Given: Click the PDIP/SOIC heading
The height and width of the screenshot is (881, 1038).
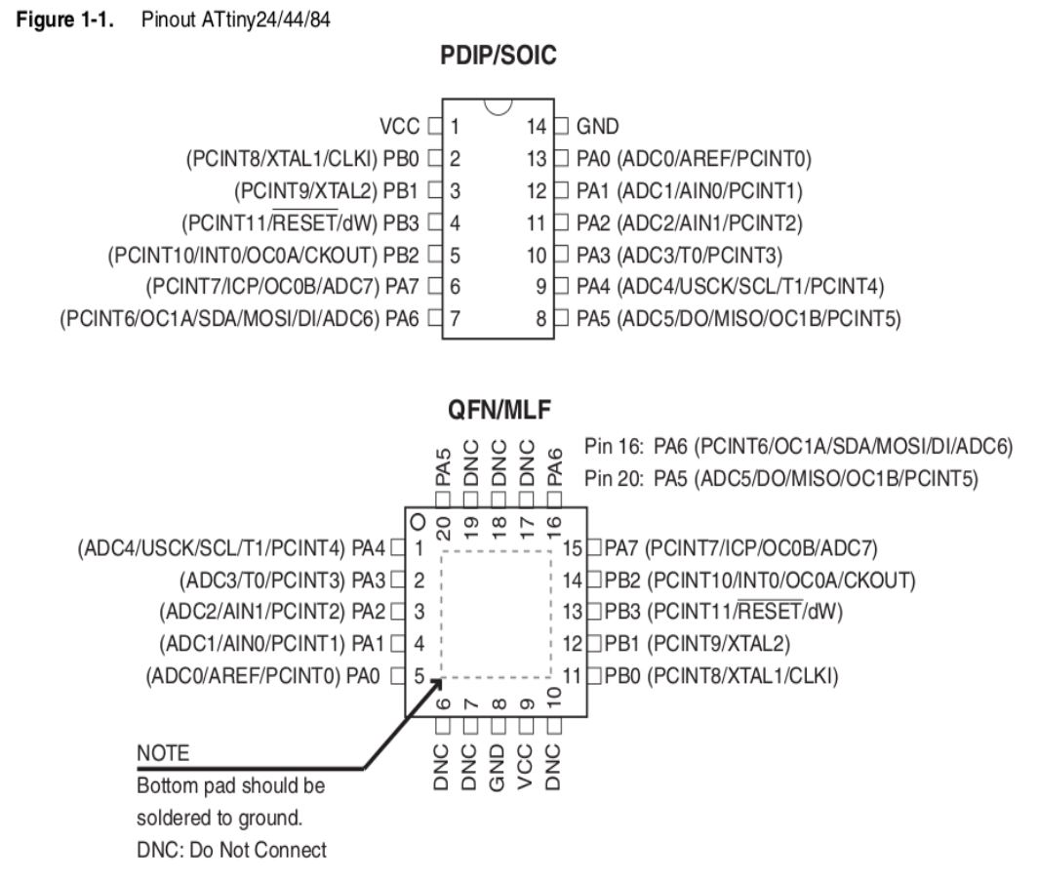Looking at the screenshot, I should pos(498,57).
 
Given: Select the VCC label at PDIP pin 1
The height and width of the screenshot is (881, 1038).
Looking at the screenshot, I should pos(400,126).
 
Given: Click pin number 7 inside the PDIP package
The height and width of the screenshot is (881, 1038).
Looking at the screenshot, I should pos(456,317).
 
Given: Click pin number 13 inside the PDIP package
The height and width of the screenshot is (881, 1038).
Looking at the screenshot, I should pos(535,158).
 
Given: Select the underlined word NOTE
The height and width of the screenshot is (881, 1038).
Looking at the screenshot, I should pos(163,754).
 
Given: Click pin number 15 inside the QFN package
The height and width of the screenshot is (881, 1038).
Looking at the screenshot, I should pos(573,548).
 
